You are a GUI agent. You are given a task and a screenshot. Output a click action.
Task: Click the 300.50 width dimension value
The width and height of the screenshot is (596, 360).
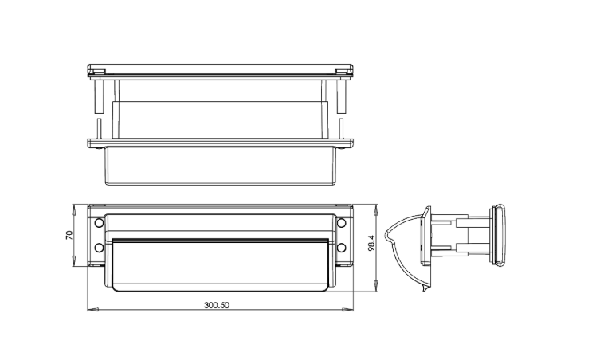[217, 305]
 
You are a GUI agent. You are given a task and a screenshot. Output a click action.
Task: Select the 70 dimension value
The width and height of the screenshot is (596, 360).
[69, 235]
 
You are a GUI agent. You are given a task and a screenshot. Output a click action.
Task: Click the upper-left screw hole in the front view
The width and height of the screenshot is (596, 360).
[99, 223]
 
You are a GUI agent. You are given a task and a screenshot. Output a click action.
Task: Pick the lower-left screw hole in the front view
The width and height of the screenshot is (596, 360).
[99, 248]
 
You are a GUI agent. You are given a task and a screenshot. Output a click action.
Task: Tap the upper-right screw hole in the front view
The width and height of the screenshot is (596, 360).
[342, 223]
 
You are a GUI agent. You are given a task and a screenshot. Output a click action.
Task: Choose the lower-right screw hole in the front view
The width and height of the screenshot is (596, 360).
[342, 248]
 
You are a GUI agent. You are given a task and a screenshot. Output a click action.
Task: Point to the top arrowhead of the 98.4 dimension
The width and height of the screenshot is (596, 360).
[376, 209]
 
